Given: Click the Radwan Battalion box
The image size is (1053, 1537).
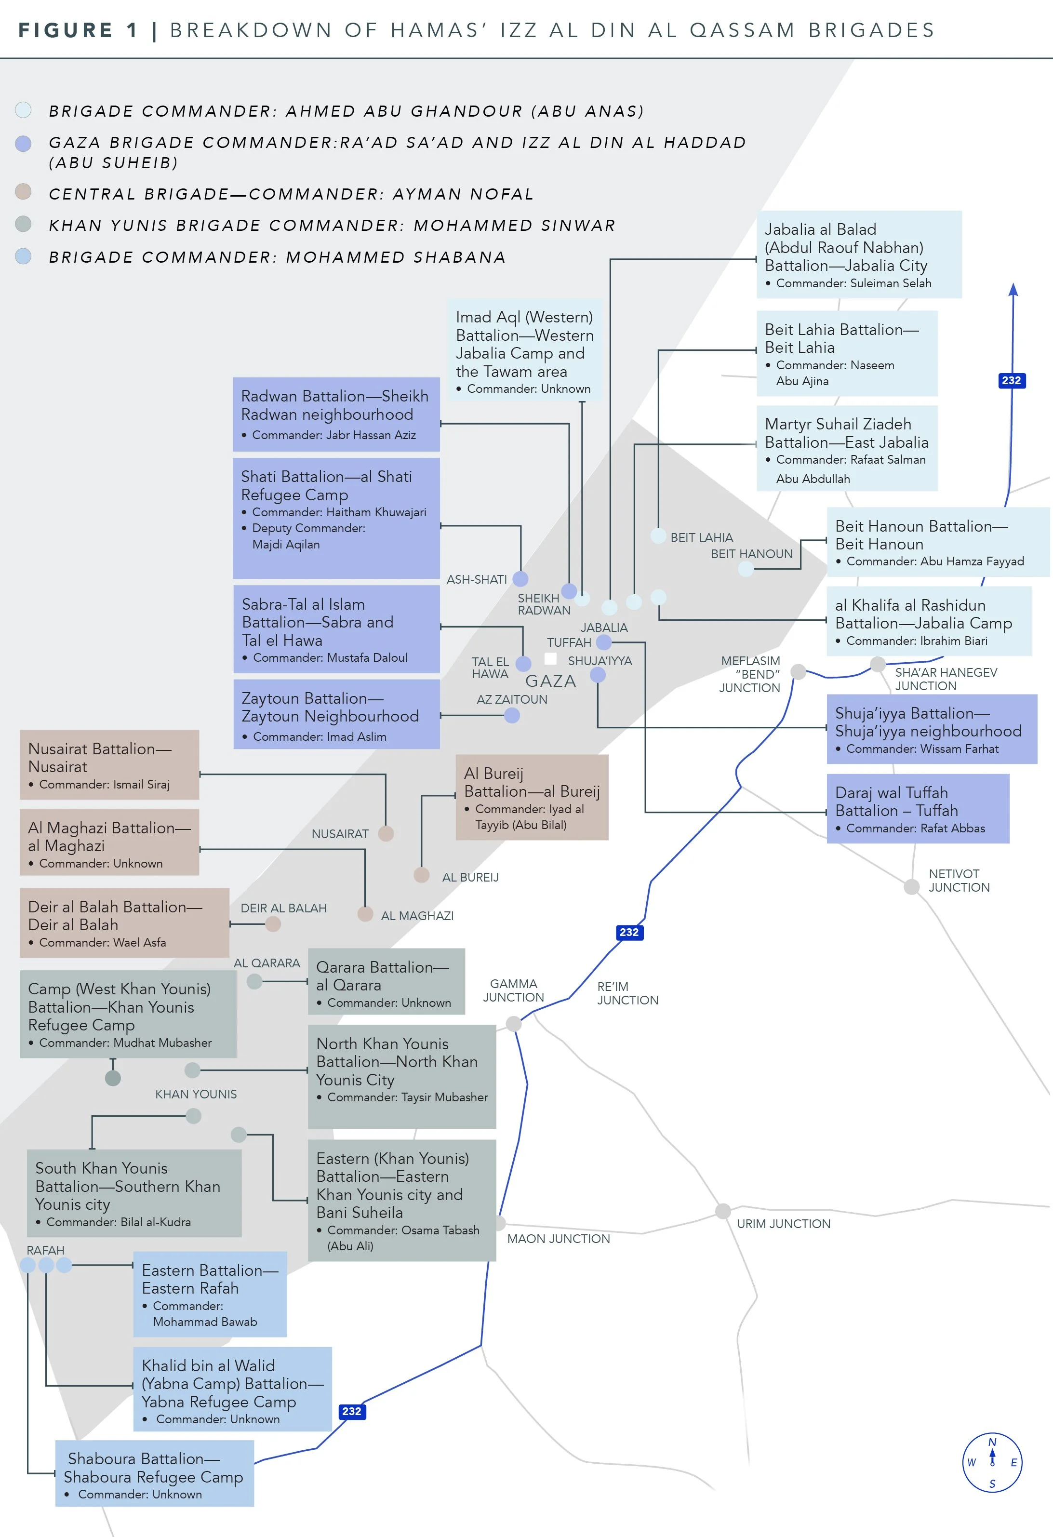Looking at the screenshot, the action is (x=336, y=414).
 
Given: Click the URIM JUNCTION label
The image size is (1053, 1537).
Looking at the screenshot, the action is (x=783, y=1224).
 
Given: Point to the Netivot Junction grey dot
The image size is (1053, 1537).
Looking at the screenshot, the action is (x=911, y=886).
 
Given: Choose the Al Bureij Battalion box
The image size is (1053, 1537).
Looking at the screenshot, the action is (x=532, y=797).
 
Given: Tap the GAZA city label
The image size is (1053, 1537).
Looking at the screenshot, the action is (x=550, y=681).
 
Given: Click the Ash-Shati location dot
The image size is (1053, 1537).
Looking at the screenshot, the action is (x=520, y=579).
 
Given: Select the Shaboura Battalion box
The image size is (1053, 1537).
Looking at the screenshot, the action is (x=154, y=1473).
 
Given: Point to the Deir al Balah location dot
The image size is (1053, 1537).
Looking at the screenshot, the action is (x=272, y=924).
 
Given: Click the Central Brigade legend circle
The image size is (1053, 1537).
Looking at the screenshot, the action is (x=23, y=192).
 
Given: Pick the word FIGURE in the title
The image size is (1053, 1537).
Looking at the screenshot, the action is (x=65, y=30).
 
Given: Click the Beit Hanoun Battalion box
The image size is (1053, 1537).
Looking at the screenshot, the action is (x=937, y=542).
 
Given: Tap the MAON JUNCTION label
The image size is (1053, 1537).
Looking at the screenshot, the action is (x=558, y=1239).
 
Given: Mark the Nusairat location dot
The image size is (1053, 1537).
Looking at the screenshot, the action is (x=386, y=833).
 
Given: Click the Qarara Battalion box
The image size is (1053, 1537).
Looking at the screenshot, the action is (x=387, y=981).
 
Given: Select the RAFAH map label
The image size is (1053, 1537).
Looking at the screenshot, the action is (x=45, y=1250).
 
